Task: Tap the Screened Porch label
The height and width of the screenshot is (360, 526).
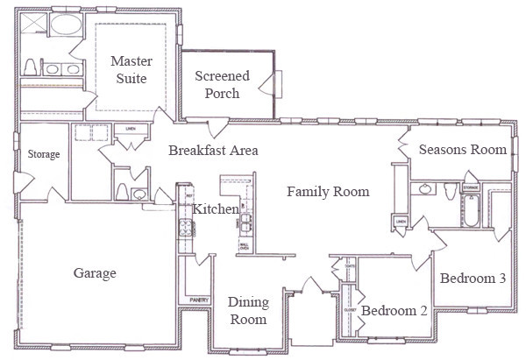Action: click(x=222, y=85)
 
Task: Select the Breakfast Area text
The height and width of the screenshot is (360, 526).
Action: click(x=213, y=151)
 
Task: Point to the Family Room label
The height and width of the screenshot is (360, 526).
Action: click(x=328, y=191)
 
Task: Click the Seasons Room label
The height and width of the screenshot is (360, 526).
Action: click(x=462, y=150)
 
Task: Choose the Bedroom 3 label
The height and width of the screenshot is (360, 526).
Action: click(x=473, y=279)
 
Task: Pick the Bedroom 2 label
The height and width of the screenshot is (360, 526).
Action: click(x=394, y=310)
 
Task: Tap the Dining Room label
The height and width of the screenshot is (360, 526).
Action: click(x=247, y=311)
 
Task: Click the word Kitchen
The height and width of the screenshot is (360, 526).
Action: click(x=216, y=209)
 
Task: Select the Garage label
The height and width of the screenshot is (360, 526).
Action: click(x=95, y=273)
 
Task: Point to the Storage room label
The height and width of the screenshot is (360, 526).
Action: click(x=44, y=155)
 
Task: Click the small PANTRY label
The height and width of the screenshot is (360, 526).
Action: click(x=197, y=300)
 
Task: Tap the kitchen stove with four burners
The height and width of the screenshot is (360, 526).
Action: click(x=186, y=228)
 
